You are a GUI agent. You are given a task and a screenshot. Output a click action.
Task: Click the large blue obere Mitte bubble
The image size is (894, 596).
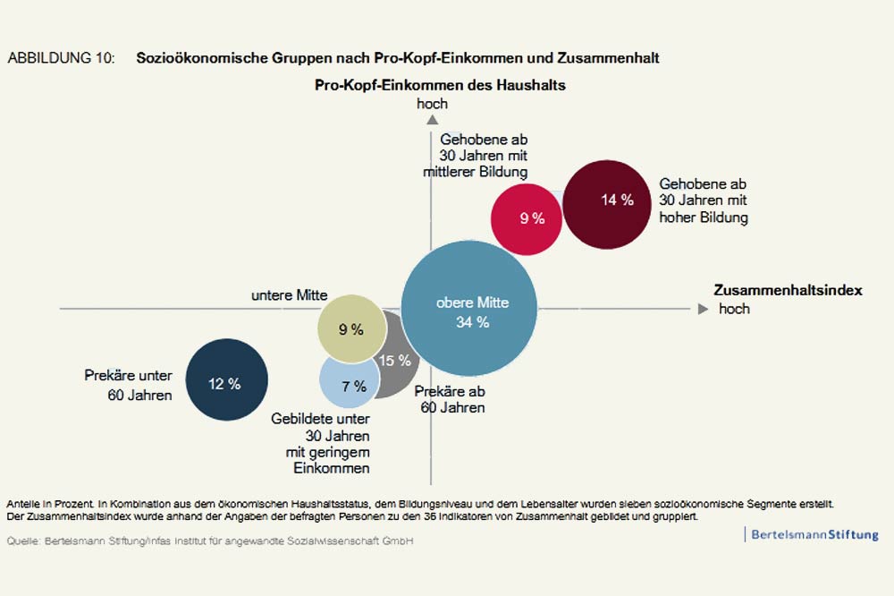coord(469,309)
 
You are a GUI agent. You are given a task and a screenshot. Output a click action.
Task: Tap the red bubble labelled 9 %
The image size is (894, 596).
coord(528,218)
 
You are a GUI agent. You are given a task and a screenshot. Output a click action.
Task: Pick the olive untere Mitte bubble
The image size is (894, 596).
coord(351,328)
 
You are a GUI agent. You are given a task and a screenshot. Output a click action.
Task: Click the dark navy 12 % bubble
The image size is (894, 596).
coord(225,380)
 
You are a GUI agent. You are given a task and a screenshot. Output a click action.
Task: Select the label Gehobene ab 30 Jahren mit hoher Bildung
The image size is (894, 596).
coord(704,199)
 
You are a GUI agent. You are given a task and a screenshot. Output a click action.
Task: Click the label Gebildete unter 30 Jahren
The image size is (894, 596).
coord(321,443)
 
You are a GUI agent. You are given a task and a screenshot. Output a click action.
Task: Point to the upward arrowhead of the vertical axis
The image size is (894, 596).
coord(432,118)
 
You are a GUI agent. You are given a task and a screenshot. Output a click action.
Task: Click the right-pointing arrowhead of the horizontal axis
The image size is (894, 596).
coord(702,309)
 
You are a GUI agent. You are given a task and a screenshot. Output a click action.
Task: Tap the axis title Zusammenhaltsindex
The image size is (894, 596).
coord(788,291)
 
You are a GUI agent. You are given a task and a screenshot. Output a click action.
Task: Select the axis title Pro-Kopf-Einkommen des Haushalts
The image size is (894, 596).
coord(441,85)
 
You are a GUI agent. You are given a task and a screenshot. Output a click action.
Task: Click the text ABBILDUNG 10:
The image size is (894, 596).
coord(61,58)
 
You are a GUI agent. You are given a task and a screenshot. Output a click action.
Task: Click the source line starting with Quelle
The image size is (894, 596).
coord(210,541)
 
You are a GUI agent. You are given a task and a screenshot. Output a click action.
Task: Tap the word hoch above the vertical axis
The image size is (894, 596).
coord(432,104)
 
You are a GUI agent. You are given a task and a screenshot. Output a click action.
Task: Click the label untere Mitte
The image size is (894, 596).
coord(289,295)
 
